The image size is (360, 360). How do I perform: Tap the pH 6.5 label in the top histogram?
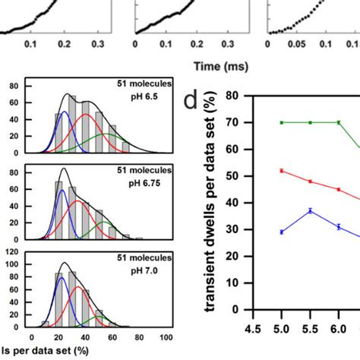pos(140,96)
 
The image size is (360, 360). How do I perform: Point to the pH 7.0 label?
pos(139,268)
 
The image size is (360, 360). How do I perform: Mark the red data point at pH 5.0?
pos(282,171)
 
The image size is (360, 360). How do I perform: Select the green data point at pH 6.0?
pos(339,122)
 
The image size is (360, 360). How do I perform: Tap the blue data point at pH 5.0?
pos(282,232)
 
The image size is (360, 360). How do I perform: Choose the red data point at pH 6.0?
pos(339,189)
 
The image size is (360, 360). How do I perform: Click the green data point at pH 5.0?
pos(282,122)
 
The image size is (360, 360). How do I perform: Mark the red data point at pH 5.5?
pos(310,182)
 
